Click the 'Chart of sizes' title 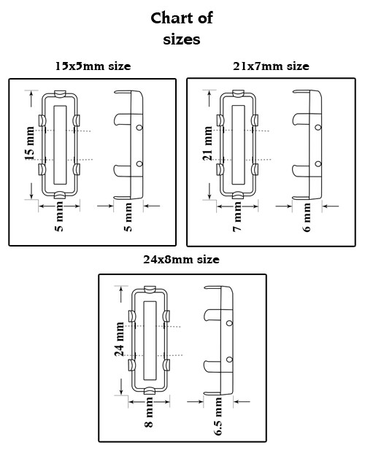[x=182, y=28]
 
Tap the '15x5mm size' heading [x=93, y=66]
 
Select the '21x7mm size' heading [x=271, y=66]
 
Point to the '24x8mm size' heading [x=182, y=260]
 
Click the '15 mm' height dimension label [x=30, y=144]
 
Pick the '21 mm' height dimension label [x=207, y=144]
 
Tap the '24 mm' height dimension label [x=119, y=339]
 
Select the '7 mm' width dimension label [x=237, y=217]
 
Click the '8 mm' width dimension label [x=149, y=412]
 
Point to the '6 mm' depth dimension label [x=307, y=217]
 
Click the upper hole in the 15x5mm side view [x=139, y=128]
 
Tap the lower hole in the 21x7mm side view [x=318, y=164]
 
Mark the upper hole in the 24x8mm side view [x=230, y=323]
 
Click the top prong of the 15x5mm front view [x=61, y=94]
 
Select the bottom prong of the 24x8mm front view [x=150, y=391]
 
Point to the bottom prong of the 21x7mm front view [x=239, y=195]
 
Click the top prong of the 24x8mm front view [x=150, y=290]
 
